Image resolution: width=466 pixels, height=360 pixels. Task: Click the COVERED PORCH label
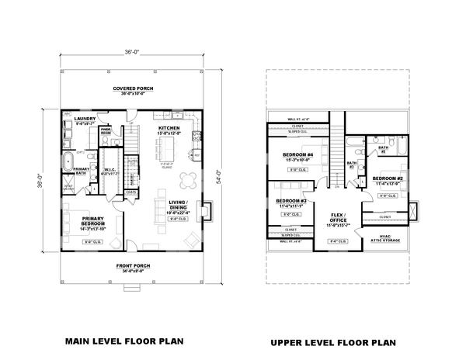pos(133,89)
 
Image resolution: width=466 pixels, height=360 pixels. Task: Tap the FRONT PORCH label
pos(133,265)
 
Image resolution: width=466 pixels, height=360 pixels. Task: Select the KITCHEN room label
pos(169,128)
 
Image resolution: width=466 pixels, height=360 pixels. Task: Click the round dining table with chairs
pos(187,180)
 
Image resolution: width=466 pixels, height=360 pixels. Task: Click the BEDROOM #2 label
pos(386,179)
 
